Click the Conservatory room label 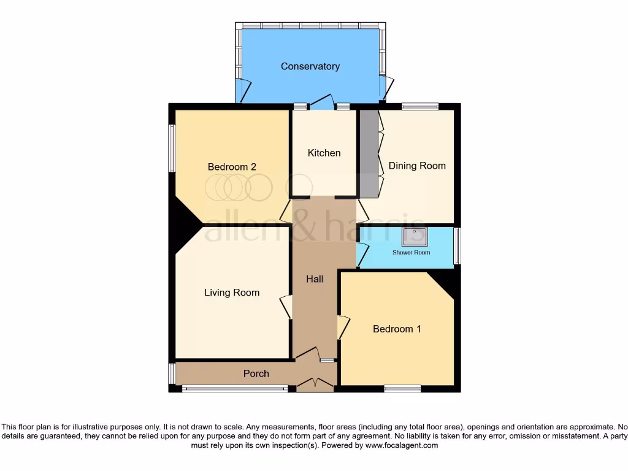click(310, 66)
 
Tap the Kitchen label click(324, 153)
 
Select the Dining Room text click(416, 166)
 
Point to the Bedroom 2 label click(232, 167)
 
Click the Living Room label click(232, 293)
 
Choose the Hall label click(315, 279)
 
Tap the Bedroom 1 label click(397, 329)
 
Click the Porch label click(256, 373)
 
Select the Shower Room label click(411, 253)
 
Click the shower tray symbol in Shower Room click(414, 236)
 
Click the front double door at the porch click(315, 385)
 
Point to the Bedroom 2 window click(172, 148)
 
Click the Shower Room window click(457, 246)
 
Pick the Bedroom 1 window click(402, 388)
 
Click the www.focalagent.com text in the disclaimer click(402, 446)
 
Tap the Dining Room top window click(420, 107)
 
